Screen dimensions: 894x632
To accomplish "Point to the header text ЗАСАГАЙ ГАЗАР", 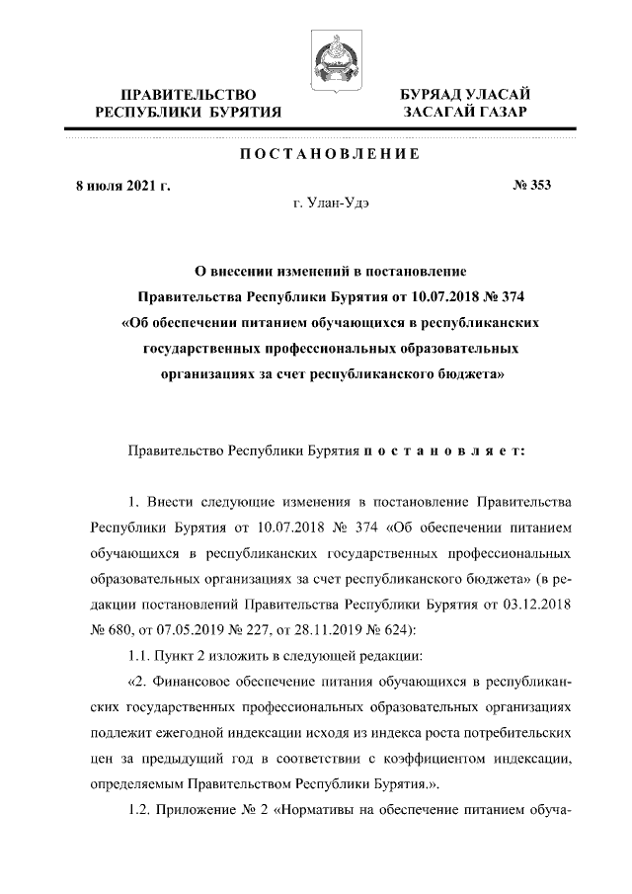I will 464,113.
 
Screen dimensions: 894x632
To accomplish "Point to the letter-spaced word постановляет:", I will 444,450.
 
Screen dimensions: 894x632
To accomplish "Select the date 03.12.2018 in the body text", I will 538,605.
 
